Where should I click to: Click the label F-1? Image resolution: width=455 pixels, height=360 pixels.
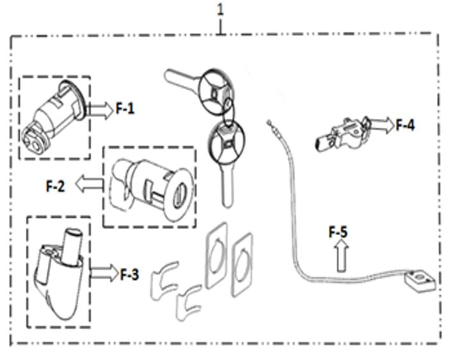click(125, 109)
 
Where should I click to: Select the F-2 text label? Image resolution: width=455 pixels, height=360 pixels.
click(56, 186)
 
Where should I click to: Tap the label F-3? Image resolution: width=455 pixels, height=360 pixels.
click(129, 274)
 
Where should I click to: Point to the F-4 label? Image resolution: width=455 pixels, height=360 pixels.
click(405, 125)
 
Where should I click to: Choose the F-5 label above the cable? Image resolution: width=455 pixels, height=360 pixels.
click(338, 232)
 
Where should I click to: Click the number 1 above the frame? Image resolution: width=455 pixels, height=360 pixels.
click(221, 10)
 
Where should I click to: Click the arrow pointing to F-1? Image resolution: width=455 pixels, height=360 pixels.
click(99, 110)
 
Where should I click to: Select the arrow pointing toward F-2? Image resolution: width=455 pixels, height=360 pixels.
click(90, 184)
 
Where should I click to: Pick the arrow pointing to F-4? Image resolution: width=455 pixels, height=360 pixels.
click(381, 124)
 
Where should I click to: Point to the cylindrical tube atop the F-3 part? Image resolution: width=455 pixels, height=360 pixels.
click(72, 246)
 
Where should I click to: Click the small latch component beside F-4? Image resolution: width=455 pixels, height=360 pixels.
click(342, 134)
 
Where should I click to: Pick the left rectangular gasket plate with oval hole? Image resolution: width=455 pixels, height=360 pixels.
click(216, 256)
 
